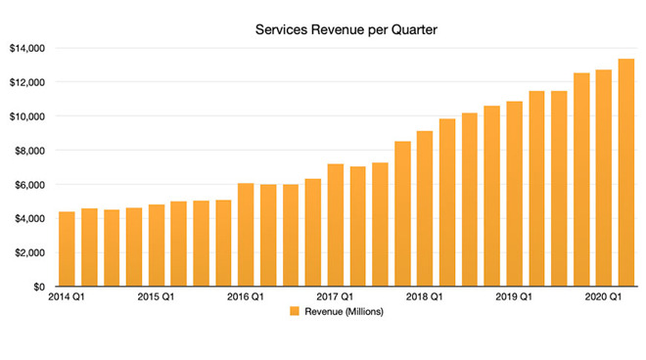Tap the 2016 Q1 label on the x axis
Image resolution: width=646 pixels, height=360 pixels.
click(x=246, y=297)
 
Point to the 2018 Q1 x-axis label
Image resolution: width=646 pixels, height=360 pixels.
click(x=425, y=297)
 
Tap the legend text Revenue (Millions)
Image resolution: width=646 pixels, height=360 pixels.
click(x=345, y=313)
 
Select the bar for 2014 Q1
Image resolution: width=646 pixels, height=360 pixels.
click(x=67, y=249)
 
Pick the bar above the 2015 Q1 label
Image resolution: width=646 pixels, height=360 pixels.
click(x=157, y=246)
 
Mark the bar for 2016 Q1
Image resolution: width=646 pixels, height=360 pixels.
click(x=246, y=235)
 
